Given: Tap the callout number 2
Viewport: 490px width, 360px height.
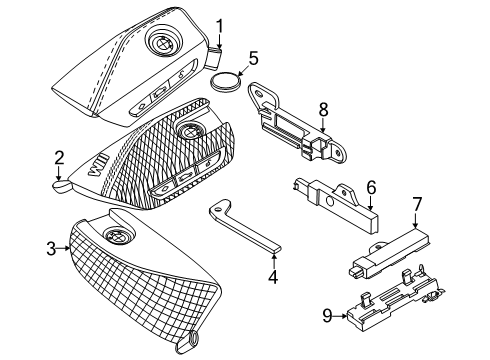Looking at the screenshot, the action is tap(59, 158).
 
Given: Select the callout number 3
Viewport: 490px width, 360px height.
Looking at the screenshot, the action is tap(51, 249).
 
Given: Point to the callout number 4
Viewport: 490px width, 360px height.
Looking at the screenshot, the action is tap(273, 277).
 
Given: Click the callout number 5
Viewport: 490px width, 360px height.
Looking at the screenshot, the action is tap(253, 58).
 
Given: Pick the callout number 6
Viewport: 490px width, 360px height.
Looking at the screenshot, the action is tap(371, 187).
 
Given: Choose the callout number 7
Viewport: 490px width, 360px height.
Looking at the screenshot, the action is tap(417, 204).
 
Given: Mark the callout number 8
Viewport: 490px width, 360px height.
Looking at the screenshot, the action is tap(323, 109).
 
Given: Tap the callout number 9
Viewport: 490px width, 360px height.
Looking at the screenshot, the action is tap(327, 315).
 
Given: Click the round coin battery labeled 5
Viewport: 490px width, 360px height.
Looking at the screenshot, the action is tap(226, 81).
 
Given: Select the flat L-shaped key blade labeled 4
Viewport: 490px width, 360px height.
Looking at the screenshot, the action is tap(244, 228).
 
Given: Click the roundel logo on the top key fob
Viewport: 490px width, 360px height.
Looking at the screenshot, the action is tap(163, 44).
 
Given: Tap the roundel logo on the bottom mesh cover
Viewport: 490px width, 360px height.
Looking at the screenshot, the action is tap(119, 236).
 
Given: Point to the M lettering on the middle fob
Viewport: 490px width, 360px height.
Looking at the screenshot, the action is tap(99, 166).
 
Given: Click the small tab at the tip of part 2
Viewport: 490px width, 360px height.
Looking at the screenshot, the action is tap(62, 187).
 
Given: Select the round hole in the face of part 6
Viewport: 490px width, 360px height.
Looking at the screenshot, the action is tap(330, 202).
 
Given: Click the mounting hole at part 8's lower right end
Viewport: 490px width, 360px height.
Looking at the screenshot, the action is tap(338, 153).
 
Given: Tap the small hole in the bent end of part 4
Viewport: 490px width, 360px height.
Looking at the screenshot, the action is tap(218, 209).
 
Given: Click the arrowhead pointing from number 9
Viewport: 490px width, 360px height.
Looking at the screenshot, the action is tap(343, 316).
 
